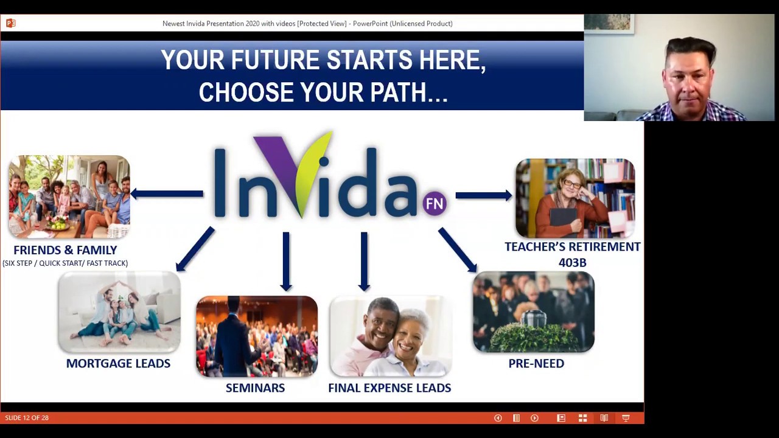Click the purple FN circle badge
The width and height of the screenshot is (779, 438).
(435, 203)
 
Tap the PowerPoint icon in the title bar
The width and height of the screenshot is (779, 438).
(11, 23)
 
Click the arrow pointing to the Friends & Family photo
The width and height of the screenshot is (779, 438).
(167, 194)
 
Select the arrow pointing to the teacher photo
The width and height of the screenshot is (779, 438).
(484, 195)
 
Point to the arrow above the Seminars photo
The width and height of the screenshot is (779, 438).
(286, 262)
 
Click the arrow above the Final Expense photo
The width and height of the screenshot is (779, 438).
(364, 262)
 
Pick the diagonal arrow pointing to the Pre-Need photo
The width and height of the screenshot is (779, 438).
(458, 249)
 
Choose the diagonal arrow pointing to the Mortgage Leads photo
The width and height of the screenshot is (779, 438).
(195, 249)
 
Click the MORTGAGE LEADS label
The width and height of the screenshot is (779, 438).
(118, 363)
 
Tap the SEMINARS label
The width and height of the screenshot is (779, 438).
(255, 388)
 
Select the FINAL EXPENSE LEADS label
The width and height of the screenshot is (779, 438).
(389, 388)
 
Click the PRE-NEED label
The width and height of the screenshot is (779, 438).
(536, 363)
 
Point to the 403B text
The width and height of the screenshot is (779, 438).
(573, 262)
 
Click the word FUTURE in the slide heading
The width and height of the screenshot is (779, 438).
(275, 60)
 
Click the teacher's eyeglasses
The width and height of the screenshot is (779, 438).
(573, 183)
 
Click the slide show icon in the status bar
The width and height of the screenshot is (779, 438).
(626, 418)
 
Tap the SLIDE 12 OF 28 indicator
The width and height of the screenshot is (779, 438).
(27, 418)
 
